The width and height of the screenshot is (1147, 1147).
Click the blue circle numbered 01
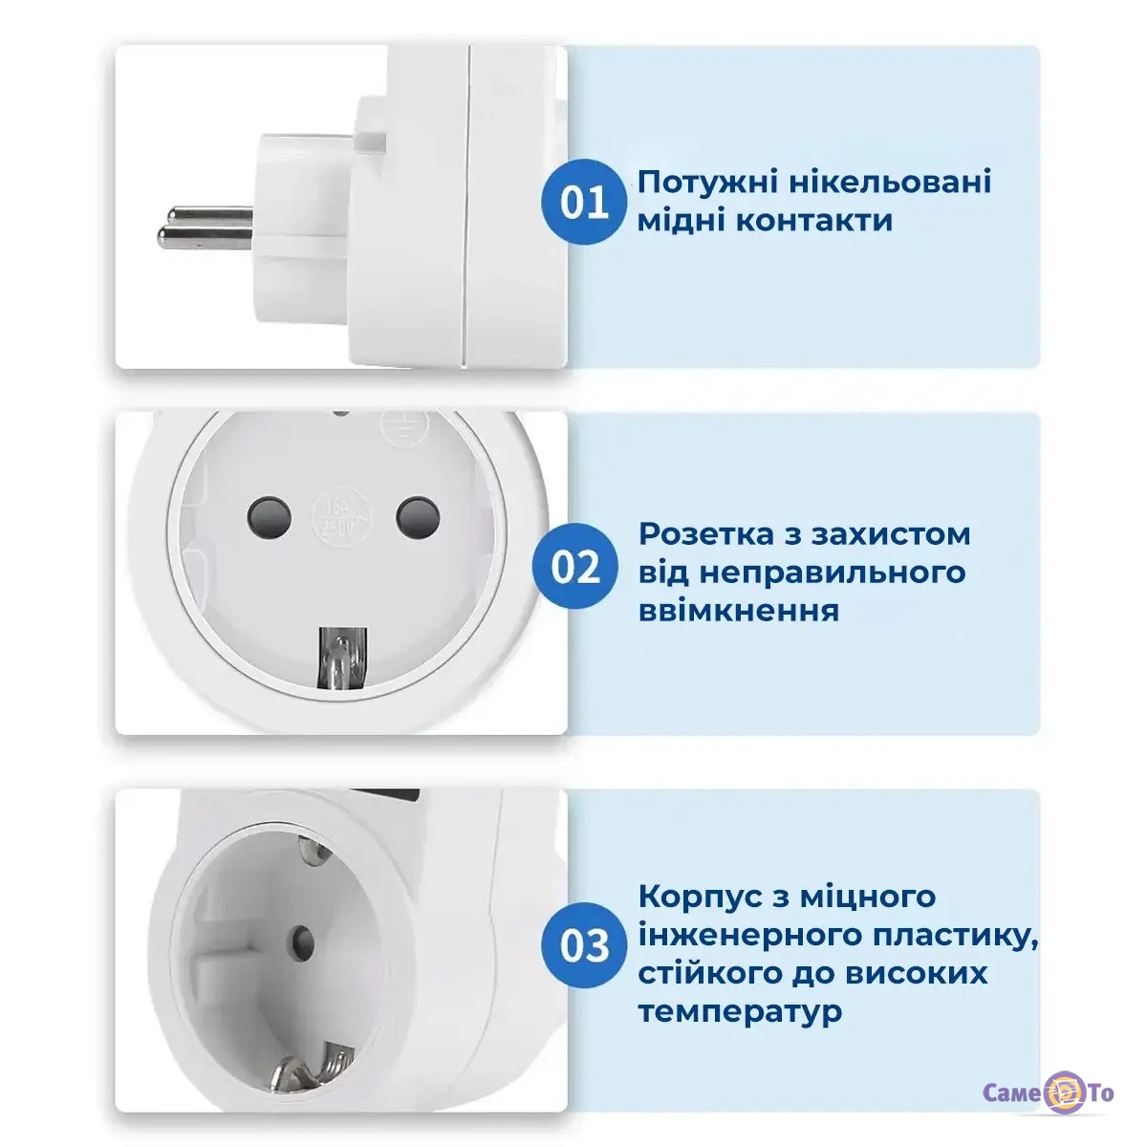click(584, 203)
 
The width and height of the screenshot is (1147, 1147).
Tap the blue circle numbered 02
click(575, 567)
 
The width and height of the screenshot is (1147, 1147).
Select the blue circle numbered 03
click(584, 945)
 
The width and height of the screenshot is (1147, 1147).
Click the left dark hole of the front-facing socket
click(270, 517)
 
